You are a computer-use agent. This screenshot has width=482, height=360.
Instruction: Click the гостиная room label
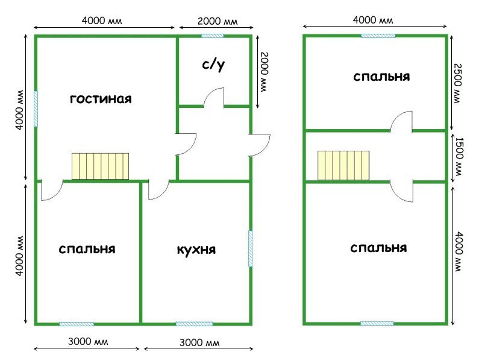tap(101, 99)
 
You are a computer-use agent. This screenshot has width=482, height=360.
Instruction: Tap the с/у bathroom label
tap(213, 65)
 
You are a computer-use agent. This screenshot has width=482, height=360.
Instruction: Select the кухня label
tap(196, 250)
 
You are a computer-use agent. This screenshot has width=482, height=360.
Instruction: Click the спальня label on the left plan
tap(87, 249)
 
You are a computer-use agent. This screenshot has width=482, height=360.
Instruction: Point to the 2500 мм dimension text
tap(457, 83)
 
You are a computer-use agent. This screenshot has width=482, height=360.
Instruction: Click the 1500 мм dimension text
tap(458, 157)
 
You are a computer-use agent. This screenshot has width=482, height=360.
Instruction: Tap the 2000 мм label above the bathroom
tap(218, 21)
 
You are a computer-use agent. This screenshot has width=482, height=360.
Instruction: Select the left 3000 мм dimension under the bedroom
tap(88, 341)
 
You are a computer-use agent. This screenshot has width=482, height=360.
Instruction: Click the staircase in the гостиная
tap(100, 166)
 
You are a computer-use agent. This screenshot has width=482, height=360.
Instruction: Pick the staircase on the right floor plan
tap(343, 165)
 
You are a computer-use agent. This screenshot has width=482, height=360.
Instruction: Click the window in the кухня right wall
tap(250, 248)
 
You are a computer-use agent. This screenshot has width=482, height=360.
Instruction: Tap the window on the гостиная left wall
tap(36, 109)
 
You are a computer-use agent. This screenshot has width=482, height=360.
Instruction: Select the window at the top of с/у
tap(213, 36)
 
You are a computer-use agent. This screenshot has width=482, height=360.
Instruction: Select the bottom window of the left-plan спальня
tap(77, 324)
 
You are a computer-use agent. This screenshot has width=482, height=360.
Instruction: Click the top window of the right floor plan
tap(378, 36)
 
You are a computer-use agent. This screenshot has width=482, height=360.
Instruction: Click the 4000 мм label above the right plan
tap(373, 21)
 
